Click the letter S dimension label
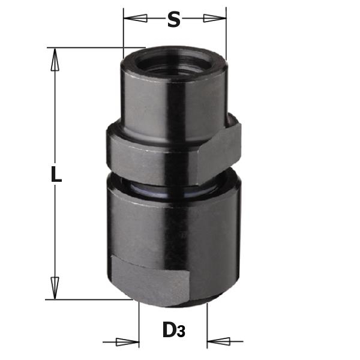[173, 20]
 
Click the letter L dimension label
[55, 175]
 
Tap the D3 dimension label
[172, 331]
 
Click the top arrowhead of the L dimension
[55, 60]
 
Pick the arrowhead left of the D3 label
[128, 343]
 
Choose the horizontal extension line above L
[96, 47]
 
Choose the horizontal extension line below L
[90, 298]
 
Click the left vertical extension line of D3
[139, 324]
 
